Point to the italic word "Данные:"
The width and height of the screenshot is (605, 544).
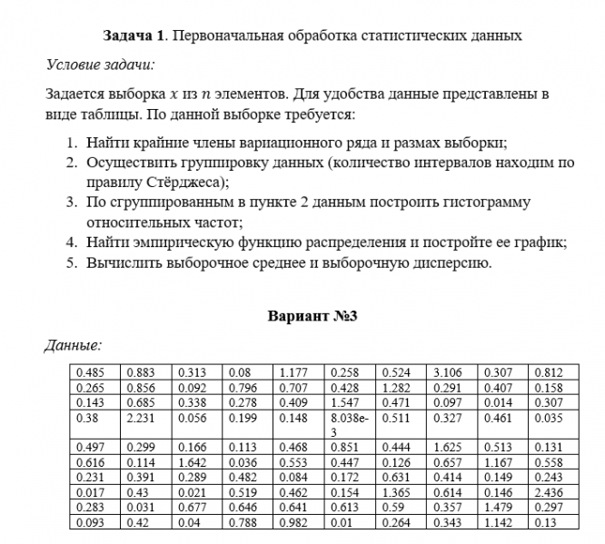click(74, 346)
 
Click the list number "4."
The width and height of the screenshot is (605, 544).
click(72, 243)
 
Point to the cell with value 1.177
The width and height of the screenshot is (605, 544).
click(293, 372)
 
